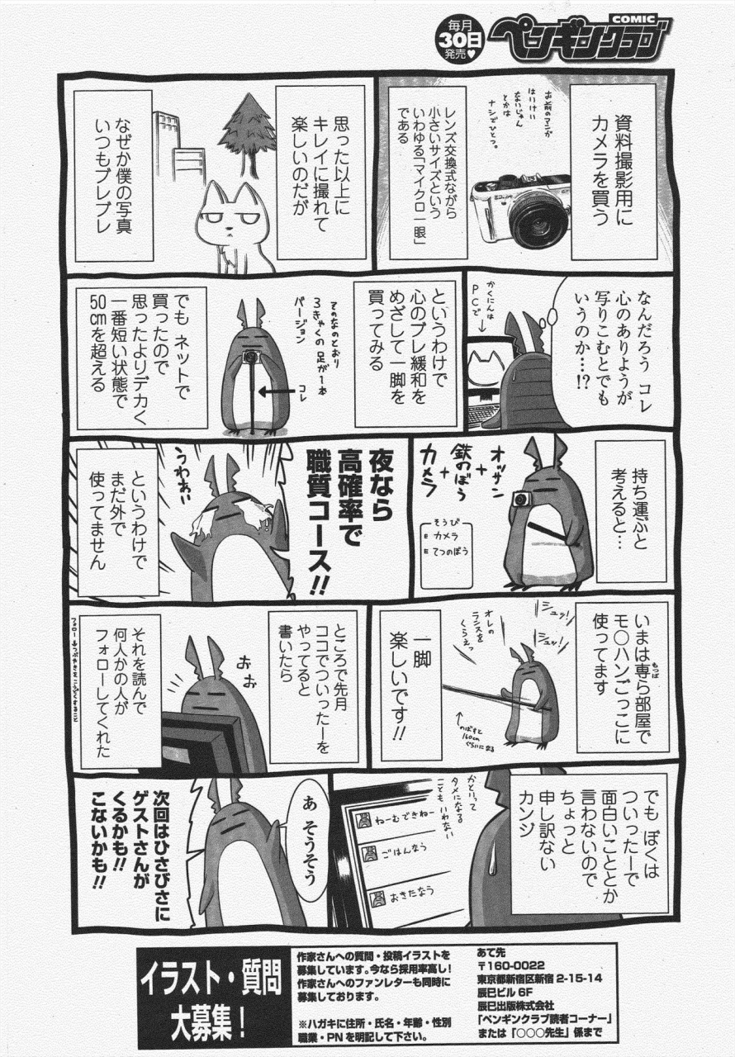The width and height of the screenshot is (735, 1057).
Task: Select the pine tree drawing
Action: [x=247, y=132]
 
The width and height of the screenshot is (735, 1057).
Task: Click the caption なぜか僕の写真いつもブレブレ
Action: [x=112, y=175]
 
